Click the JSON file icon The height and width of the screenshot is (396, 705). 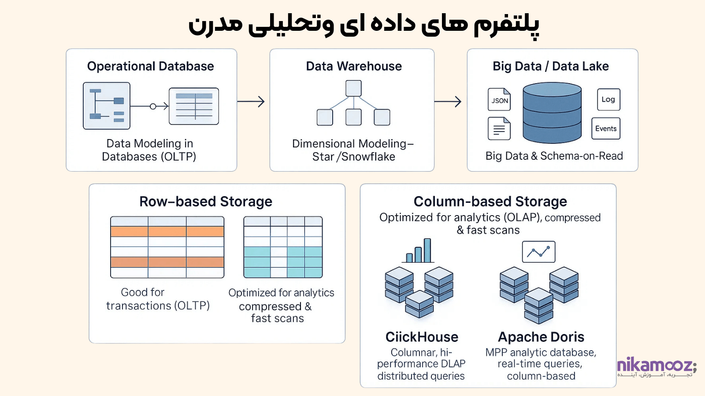click(499, 99)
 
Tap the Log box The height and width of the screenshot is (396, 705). click(609, 99)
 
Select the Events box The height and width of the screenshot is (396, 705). click(606, 128)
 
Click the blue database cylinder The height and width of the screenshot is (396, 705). click(552, 113)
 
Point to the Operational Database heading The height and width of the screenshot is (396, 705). click(150, 66)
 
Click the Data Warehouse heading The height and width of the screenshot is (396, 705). click(354, 66)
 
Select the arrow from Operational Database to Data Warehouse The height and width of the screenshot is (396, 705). click(251, 102)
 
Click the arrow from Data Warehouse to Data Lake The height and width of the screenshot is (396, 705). click(448, 102)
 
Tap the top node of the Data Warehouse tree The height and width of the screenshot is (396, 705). click(353, 88)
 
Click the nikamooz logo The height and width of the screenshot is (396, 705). click(657, 367)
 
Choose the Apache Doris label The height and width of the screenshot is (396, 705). click(541, 337)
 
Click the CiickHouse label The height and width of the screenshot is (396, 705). click(422, 337)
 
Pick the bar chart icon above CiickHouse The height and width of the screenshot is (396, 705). click(418, 250)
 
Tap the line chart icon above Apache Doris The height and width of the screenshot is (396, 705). click(538, 252)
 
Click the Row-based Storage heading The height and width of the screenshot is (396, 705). click(206, 202)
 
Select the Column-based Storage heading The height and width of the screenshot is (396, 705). click(490, 202)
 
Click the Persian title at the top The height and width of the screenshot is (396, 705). click(364, 25)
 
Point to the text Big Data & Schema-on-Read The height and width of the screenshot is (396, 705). click(554, 156)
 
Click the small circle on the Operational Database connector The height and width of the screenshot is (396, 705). click(153, 106)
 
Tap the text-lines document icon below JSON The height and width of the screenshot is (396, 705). click(499, 128)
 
